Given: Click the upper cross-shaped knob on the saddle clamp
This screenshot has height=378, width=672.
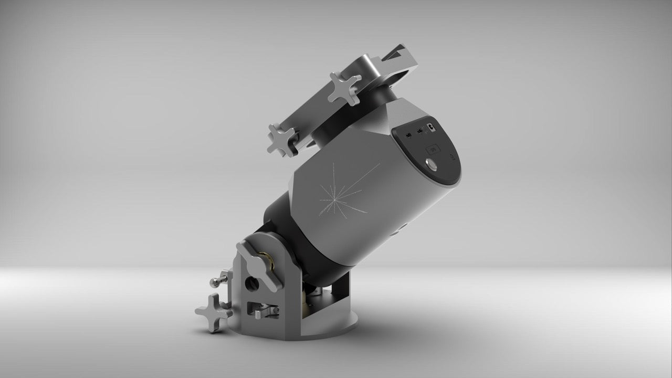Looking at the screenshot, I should pos(344,87).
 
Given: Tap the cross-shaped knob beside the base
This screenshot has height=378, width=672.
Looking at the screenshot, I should pos(213,312).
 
